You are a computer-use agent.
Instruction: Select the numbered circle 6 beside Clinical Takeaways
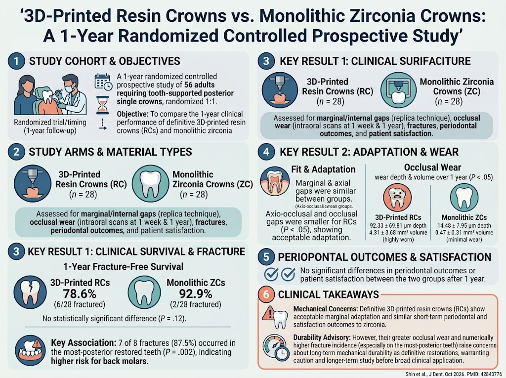pos(266,294)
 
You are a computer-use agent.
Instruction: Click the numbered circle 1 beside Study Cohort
pos(16,61)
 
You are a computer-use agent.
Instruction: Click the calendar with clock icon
pos(103,82)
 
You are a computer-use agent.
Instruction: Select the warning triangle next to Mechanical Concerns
pos(268,313)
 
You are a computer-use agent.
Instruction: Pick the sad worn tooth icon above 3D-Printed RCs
pos(397,197)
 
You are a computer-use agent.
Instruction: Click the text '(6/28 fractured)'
pos(80,304)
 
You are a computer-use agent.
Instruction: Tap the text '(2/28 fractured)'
pos(196,304)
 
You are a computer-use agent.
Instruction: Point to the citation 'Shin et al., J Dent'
pos(429,374)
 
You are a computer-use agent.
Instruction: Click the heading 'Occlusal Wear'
pos(432,167)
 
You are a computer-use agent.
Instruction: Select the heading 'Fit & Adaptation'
pos(323,169)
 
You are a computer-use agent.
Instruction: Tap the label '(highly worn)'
pos(398,240)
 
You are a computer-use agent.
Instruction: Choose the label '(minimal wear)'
pos(464,240)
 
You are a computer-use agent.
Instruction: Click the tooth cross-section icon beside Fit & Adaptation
pos(274,181)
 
